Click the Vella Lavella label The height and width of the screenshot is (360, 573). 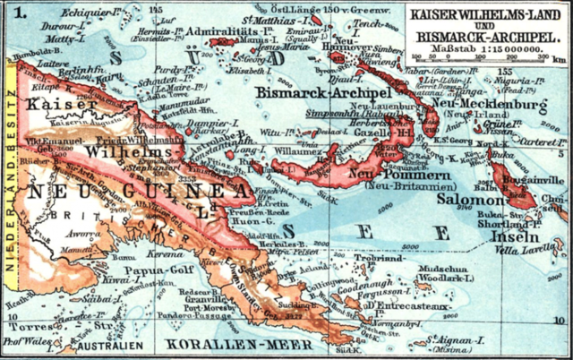[534, 252]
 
